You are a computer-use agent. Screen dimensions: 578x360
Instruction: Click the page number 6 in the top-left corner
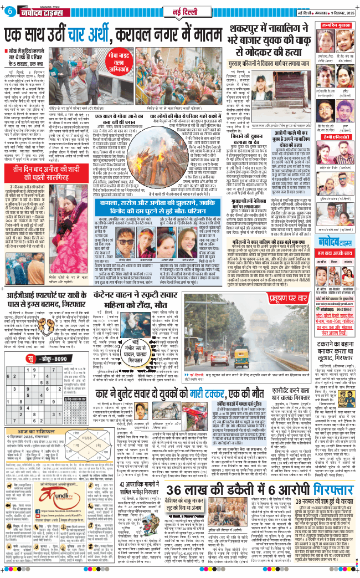(x=10, y=12)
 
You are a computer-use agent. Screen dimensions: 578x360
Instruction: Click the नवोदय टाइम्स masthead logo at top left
(x=40, y=12)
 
